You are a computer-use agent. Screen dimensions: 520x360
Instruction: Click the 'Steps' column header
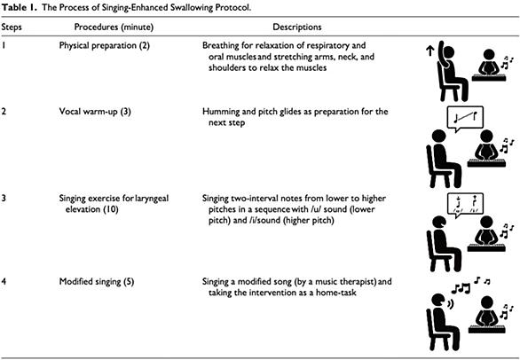[12, 27]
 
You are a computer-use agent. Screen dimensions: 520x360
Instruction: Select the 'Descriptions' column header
[296, 27]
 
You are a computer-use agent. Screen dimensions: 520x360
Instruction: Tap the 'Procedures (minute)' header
[114, 27]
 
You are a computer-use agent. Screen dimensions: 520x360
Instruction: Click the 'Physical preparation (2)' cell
[105, 45]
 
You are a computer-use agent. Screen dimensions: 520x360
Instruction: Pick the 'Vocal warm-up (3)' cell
[95, 112]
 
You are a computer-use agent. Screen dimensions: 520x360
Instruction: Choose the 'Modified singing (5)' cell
[97, 282]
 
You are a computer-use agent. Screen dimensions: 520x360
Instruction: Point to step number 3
[4, 199]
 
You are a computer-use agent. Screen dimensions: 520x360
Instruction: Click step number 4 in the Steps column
[4, 282]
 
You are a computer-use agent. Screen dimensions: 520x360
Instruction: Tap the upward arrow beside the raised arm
[429, 51]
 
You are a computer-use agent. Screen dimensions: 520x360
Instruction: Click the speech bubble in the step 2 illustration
[465, 118]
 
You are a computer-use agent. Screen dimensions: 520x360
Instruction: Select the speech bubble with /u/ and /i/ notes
[465, 204]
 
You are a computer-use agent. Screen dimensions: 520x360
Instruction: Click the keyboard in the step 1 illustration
[489, 78]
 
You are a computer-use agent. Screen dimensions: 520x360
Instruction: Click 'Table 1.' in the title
[20, 8]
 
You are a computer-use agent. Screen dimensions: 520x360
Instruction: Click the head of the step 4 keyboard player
[486, 302]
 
